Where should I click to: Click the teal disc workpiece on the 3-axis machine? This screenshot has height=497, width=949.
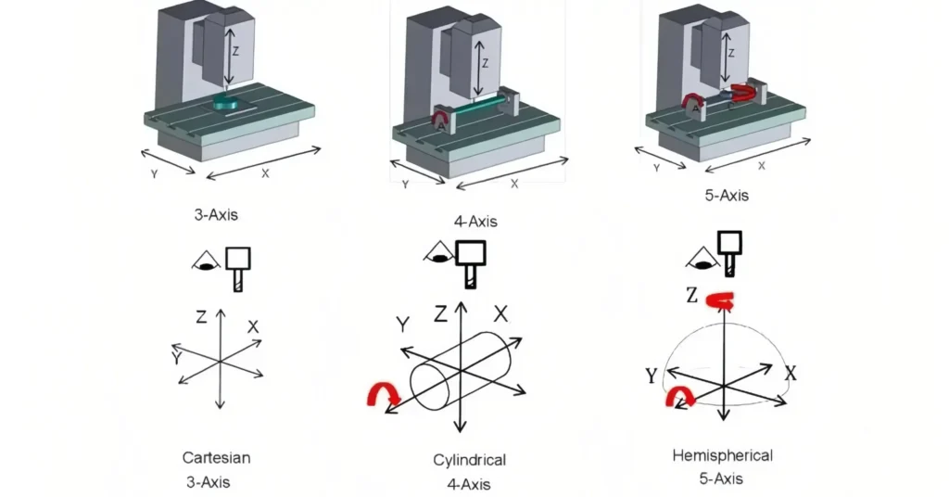click(226, 101)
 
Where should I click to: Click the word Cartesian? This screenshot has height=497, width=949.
click(216, 457)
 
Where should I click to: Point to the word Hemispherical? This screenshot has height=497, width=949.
click(722, 455)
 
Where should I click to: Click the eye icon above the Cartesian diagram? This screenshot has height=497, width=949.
click(206, 263)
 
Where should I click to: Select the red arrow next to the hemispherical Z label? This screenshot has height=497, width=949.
click(720, 299)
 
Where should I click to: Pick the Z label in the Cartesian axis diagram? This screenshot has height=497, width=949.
click(201, 317)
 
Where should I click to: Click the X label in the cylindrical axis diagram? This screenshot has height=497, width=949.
click(500, 313)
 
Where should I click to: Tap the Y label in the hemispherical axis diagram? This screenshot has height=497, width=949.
click(652, 375)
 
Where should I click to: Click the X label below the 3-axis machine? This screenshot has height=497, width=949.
click(266, 173)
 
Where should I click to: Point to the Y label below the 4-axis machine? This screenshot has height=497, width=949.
click(405, 185)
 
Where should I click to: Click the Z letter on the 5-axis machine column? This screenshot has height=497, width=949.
click(730, 54)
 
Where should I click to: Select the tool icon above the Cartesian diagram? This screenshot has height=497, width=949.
click(240, 267)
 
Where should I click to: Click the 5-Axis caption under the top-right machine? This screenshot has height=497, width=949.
click(726, 196)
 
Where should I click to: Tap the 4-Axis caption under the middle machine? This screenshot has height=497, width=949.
click(474, 221)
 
